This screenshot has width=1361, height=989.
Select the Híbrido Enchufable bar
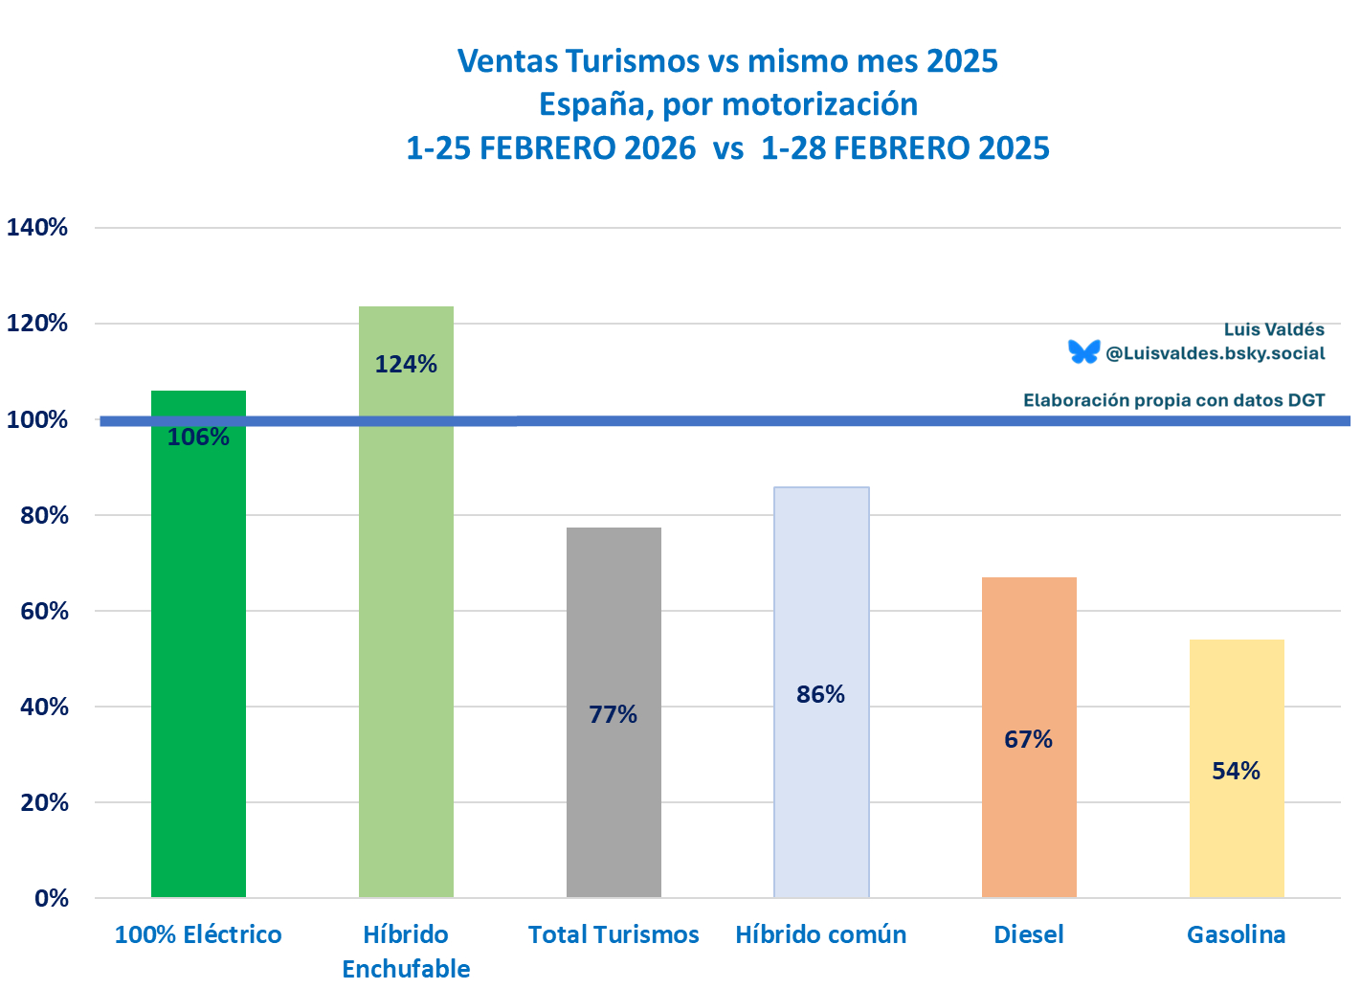(406, 613)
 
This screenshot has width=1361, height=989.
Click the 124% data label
(406, 364)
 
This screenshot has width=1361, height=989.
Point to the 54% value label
(1236, 771)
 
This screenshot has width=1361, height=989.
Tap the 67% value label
(1028, 739)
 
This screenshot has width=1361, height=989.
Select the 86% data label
(820, 694)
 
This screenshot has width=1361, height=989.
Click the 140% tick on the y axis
(37, 227)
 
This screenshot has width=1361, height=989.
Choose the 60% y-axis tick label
(44, 611)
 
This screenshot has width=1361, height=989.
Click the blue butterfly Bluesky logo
(1084, 352)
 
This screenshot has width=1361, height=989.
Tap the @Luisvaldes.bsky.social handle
(1215, 353)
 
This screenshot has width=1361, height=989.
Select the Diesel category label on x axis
(1029, 934)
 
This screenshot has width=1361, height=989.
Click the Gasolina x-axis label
(1236, 934)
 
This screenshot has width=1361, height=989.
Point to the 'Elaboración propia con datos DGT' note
(1173, 400)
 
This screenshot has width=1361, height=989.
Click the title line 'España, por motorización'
(727, 104)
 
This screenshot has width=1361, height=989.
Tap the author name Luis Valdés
(1274, 329)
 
